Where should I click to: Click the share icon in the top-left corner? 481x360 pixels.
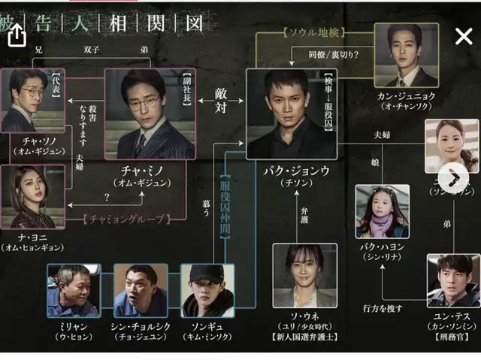pyautogui.click(x=17, y=35)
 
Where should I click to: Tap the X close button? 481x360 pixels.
pyautogui.click(x=464, y=36)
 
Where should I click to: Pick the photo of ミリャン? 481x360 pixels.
pyautogui.click(x=72, y=290)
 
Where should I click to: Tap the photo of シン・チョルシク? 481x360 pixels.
pyautogui.click(x=140, y=290)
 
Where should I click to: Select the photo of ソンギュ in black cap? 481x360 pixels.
pyautogui.click(x=207, y=290)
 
